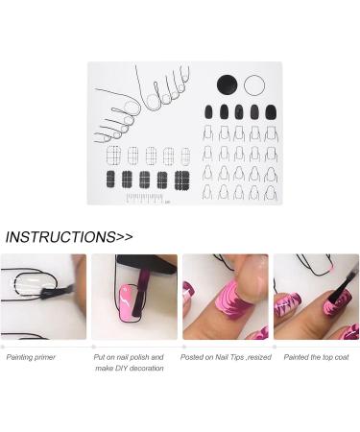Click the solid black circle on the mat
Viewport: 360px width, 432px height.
(228, 84)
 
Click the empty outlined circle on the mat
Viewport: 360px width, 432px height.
(253, 84)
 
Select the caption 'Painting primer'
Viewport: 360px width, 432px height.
(31, 356)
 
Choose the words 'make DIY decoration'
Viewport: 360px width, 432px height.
(130, 369)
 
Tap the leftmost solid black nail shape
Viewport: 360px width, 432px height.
(208, 111)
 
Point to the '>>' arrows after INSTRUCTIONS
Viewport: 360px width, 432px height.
(124, 236)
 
